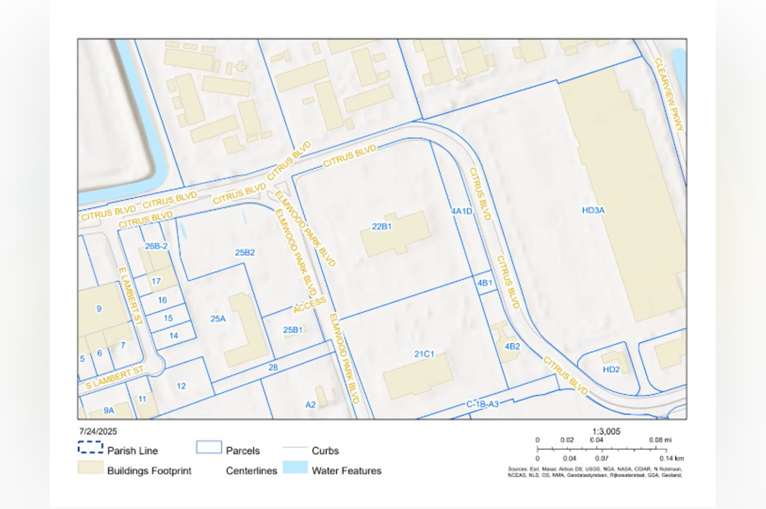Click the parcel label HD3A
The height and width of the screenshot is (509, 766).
[x=593, y=210]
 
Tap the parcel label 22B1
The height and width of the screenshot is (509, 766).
[x=381, y=227]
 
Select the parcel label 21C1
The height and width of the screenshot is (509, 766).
[x=424, y=354]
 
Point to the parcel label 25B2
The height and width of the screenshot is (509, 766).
[x=245, y=253]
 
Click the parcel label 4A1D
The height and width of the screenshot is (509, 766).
[x=461, y=211]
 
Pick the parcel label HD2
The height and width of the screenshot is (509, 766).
[x=611, y=369]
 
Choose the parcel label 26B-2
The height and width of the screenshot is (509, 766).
[x=156, y=246]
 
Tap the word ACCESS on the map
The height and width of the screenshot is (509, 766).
[x=310, y=305]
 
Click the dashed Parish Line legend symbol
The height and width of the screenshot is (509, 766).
[x=90, y=447]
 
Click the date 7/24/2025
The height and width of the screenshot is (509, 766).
[x=98, y=431]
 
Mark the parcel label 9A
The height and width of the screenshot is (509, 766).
[x=109, y=410]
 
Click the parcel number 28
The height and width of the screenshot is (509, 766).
[x=273, y=367]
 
